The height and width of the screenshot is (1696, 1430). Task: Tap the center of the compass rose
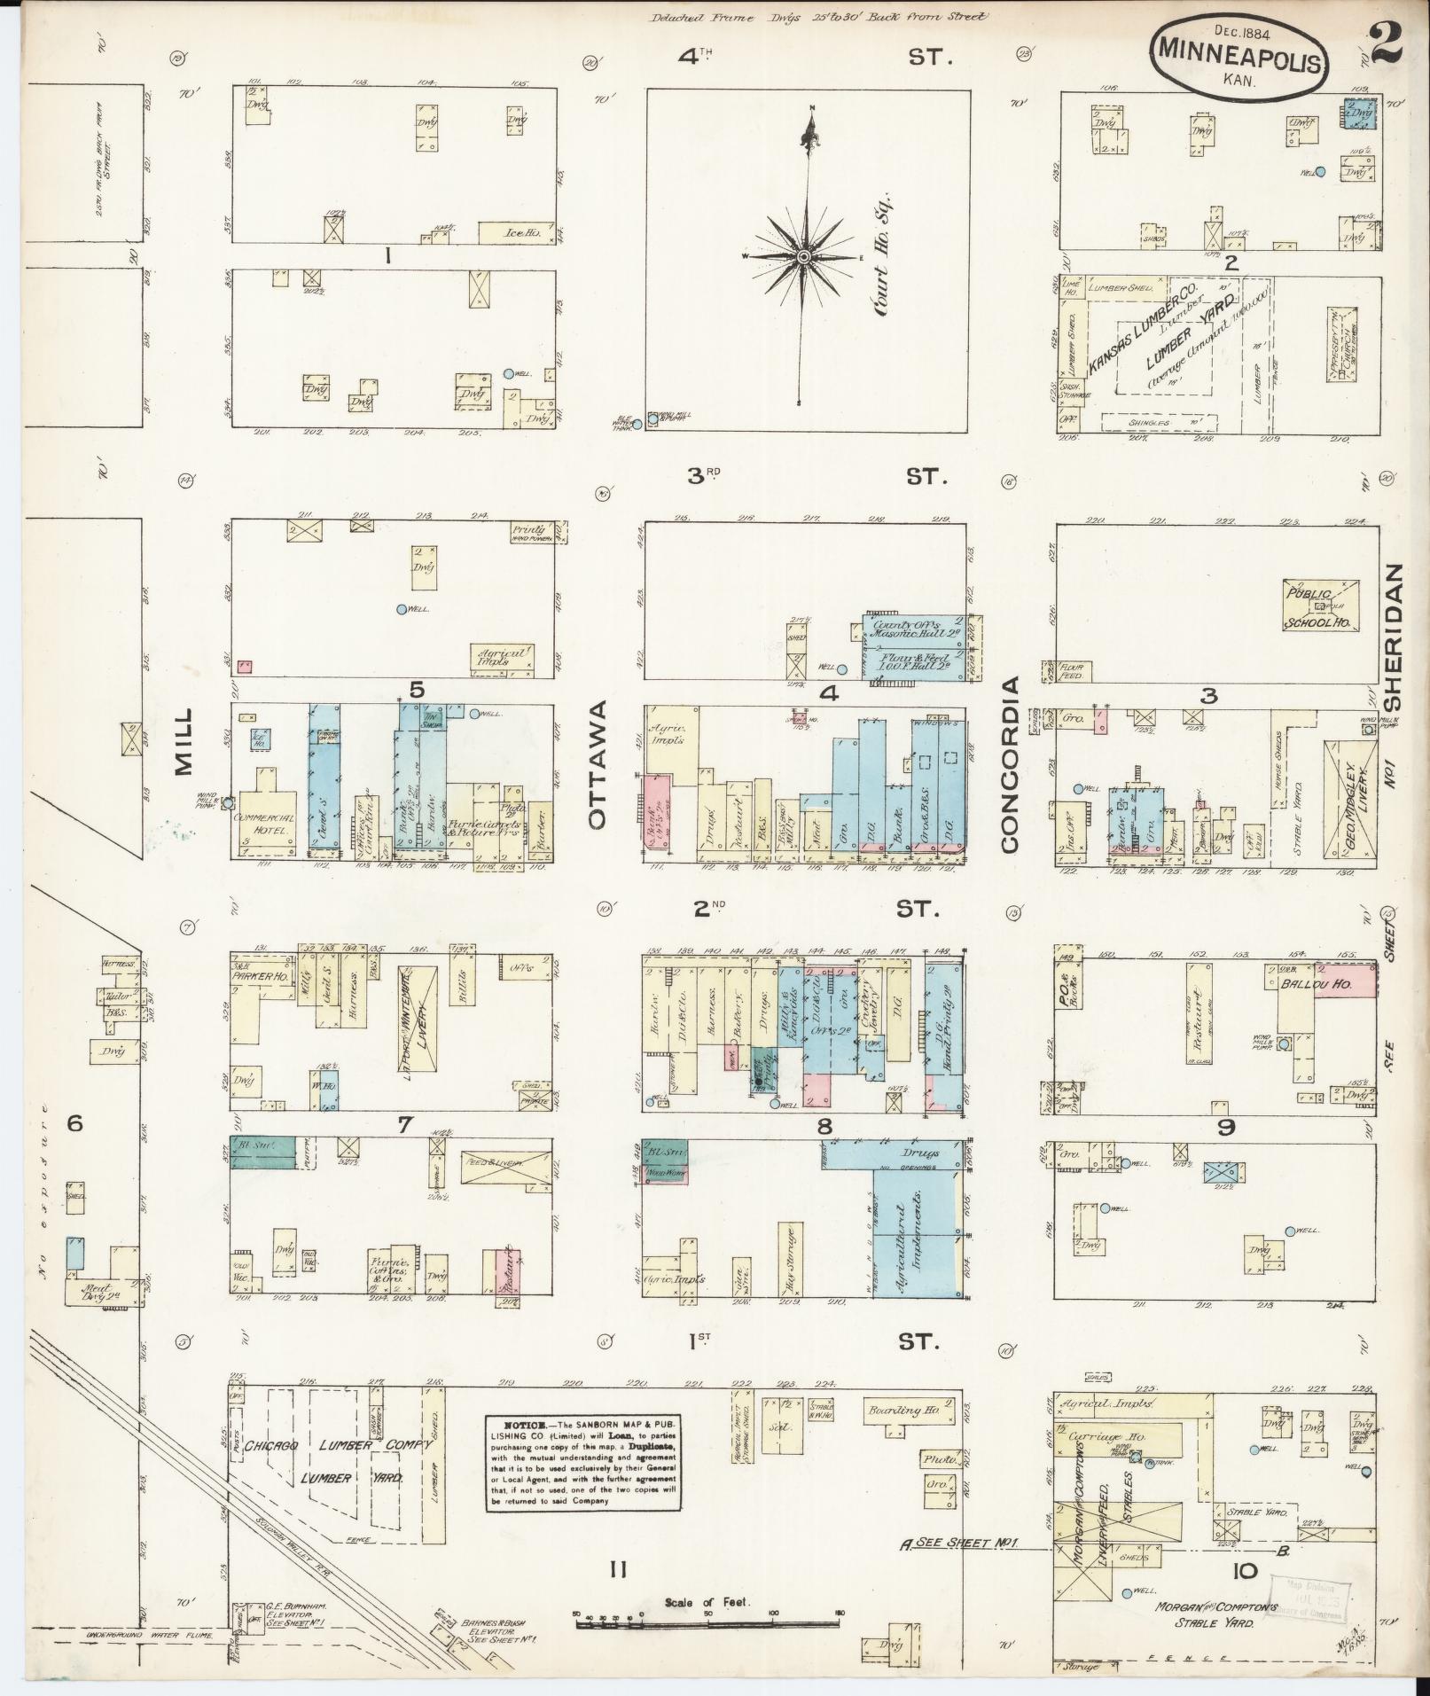click(x=804, y=257)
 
